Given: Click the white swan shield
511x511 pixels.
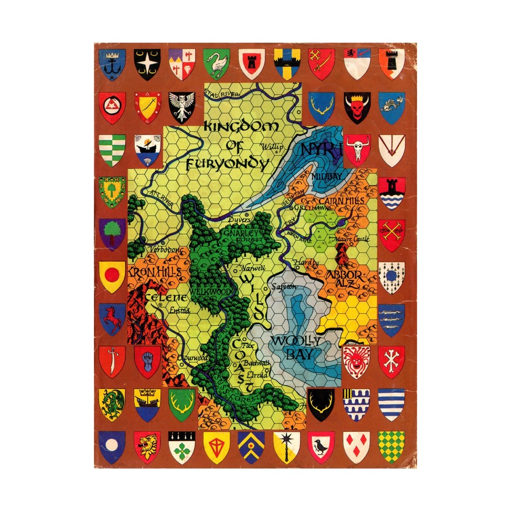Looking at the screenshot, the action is (x=216, y=63).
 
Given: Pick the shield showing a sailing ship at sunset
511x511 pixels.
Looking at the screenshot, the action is (x=148, y=150).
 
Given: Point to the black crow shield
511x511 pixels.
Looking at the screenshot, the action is (x=321, y=445).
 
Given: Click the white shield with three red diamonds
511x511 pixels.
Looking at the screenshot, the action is (x=357, y=445).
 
